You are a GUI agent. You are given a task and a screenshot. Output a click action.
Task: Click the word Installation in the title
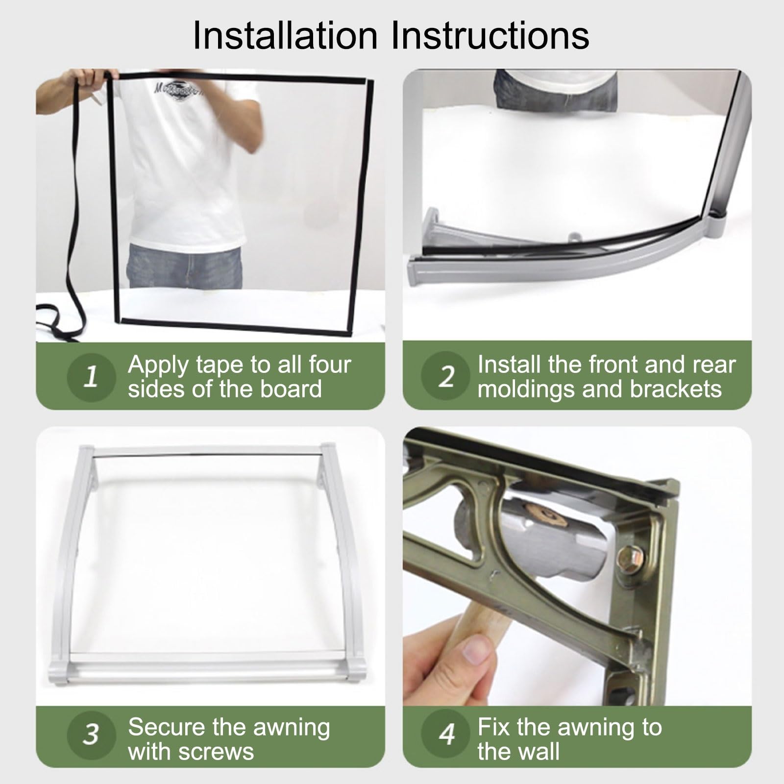coord(285,35)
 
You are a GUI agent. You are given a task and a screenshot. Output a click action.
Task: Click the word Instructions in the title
coord(490,35)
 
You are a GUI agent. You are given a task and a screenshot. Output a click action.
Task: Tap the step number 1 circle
coord(91,376)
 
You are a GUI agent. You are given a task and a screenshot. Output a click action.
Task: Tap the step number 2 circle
coord(445,376)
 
